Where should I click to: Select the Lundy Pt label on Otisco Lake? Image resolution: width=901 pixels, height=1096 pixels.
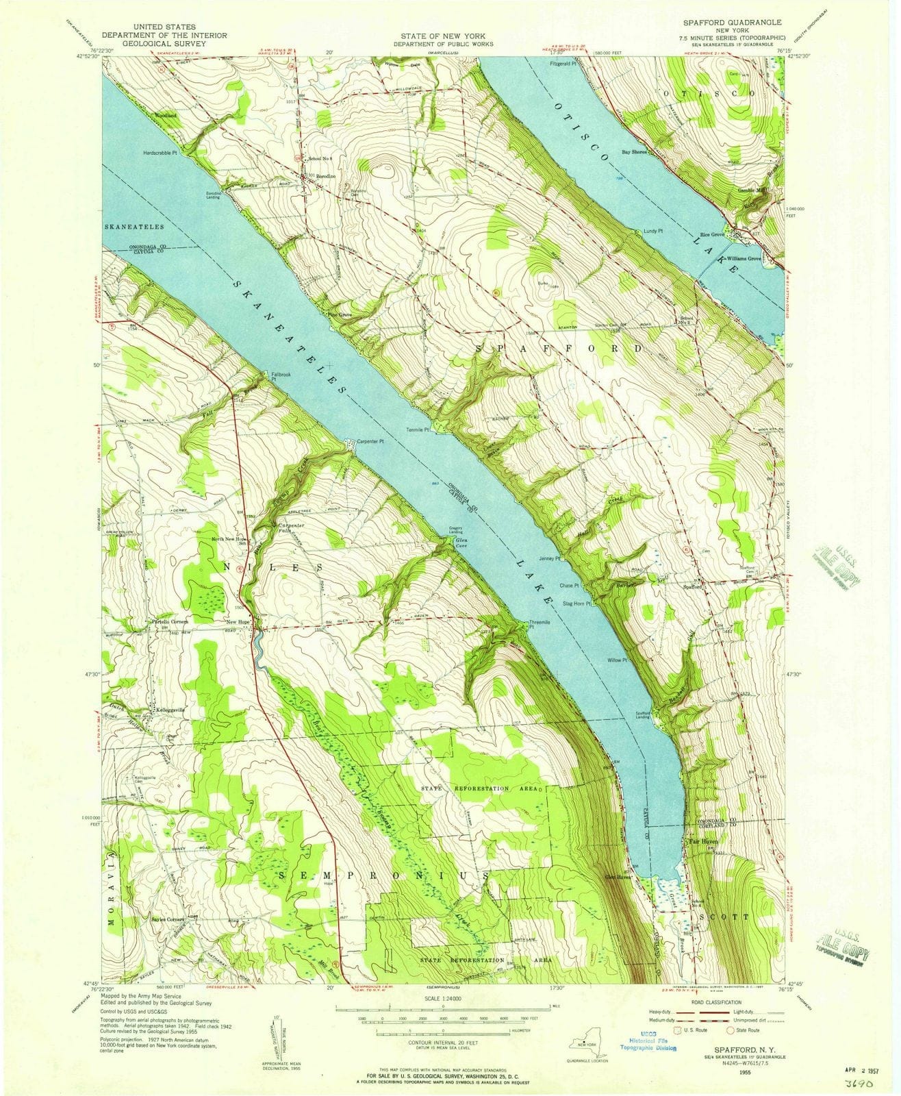(x=654, y=232)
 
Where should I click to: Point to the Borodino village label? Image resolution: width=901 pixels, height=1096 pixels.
(x=325, y=177)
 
